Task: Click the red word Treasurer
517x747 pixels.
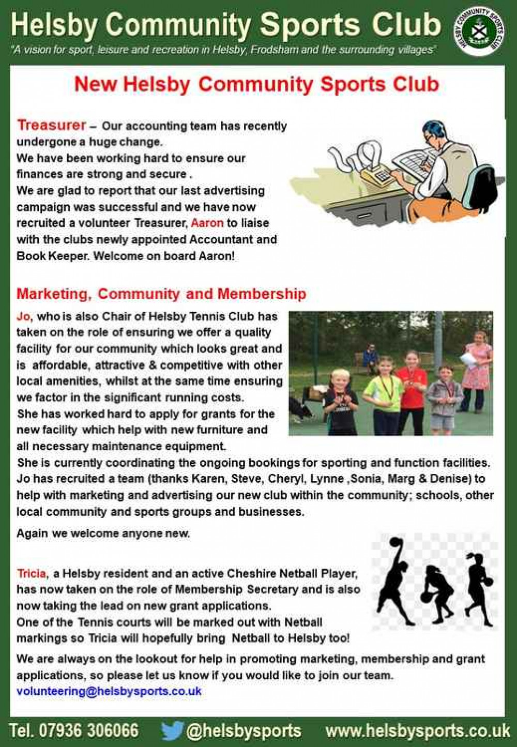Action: coord(51,125)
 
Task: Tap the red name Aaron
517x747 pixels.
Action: coord(207,223)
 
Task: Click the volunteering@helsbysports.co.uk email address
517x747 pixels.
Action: coord(109,691)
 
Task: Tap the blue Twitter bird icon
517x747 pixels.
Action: coord(172,730)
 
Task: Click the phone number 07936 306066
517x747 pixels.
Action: coord(88,730)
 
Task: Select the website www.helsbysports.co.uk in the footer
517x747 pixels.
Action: coord(417,730)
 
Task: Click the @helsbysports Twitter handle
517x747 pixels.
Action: coord(244,730)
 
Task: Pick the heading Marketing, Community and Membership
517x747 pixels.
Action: coord(161,294)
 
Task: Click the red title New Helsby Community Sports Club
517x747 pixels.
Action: coord(257,84)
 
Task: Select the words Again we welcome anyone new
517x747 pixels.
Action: coord(103,533)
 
